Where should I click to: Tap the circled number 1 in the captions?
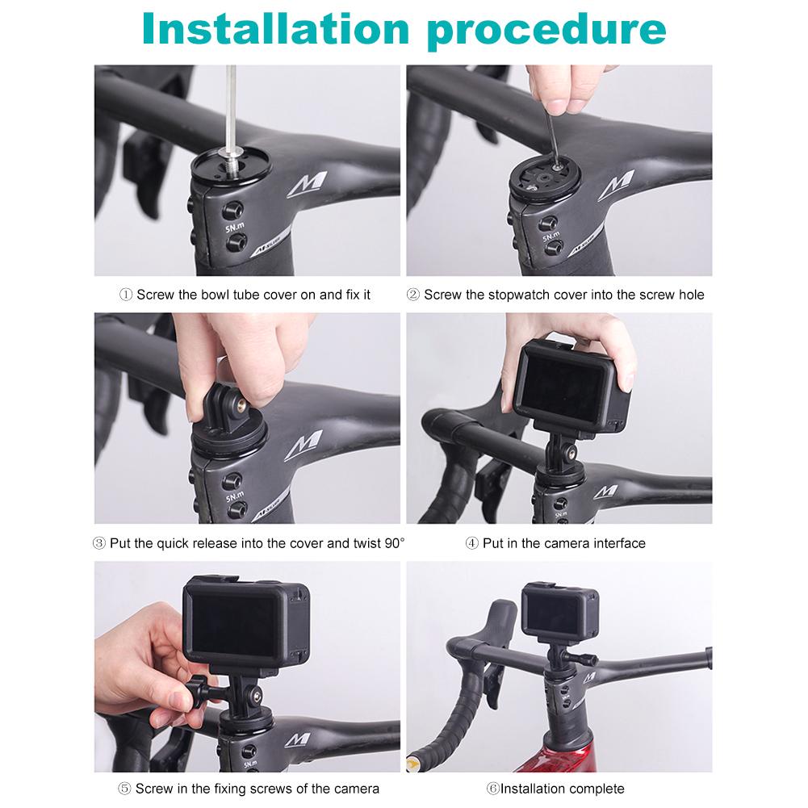click(126, 295)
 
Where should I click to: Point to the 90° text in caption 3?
click(395, 543)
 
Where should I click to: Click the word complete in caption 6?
click(597, 788)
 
